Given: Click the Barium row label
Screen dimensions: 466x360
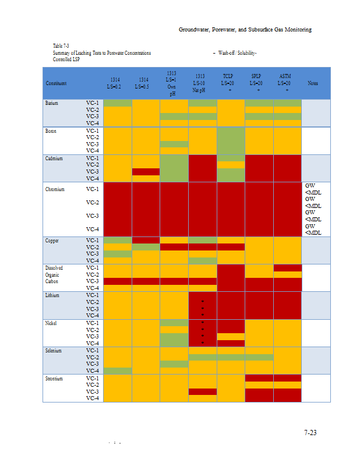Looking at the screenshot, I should click(x=51, y=103).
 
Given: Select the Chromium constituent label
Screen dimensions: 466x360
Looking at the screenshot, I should click(x=55, y=189).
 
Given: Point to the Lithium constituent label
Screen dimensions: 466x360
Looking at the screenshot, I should click(x=52, y=295).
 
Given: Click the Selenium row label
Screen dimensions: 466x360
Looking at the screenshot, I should click(x=53, y=351).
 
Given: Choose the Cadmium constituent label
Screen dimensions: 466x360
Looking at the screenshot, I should click(x=54, y=158).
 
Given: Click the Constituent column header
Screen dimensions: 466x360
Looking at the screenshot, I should click(x=56, y=83).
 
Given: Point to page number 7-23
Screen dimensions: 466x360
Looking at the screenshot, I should click(x=310, y=433).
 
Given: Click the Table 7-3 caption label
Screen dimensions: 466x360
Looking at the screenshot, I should click(x=61, y=45).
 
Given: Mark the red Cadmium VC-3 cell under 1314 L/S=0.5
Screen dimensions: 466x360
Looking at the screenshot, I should click(x=146, y=172).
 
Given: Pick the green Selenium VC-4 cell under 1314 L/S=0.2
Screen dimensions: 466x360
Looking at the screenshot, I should click(x=118, y=370).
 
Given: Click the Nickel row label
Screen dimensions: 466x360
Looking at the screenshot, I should click(x=51, y=323).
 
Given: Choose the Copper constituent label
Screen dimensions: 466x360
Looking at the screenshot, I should click(x=51, y=240).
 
